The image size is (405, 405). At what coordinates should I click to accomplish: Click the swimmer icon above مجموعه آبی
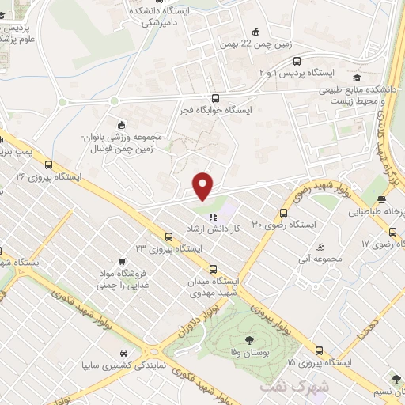click(x=320, y=246)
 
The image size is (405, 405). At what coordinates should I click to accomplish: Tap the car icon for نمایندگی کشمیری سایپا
click(x=123, y=353)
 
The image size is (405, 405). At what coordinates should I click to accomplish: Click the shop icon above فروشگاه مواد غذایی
click(x=121, y=262)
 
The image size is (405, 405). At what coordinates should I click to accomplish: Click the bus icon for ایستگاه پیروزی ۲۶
click(x=49, y=165)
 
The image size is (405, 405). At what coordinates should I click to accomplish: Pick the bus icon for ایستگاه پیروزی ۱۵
click(x=319, y=350)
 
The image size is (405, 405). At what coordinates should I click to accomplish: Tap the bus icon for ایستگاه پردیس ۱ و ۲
click(x=297, y=60)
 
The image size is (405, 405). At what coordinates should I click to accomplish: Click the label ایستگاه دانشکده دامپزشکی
click(x=165, y=16)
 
